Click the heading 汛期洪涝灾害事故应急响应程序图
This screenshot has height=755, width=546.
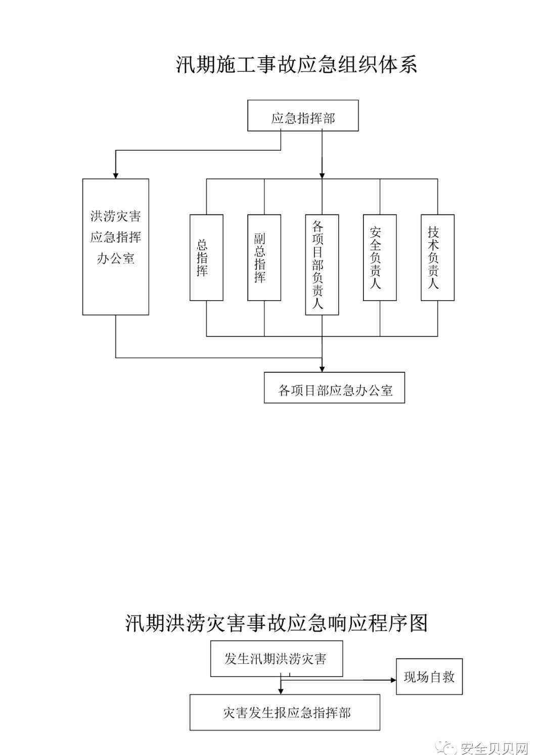[276, 623]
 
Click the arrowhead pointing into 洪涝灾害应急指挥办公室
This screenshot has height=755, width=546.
[116, 176]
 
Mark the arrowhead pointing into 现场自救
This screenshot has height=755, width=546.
[393, 680]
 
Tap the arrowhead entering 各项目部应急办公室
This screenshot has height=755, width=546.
[322, 369]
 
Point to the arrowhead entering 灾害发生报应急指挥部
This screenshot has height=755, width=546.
[281, 691]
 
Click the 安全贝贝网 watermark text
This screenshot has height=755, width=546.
[494, 748]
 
